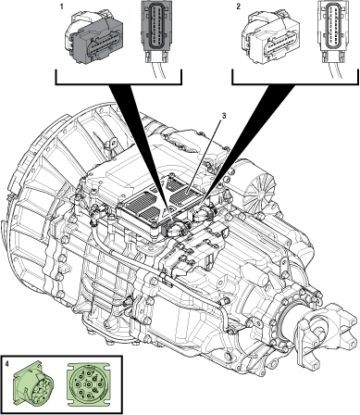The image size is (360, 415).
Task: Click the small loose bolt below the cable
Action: click(129, 300)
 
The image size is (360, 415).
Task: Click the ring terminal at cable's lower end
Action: click(234, 330)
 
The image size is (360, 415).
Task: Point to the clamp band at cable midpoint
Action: click(161, 275)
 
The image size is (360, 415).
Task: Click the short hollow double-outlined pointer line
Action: click(204, 156)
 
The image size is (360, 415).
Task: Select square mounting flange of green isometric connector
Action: click(22, 386)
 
